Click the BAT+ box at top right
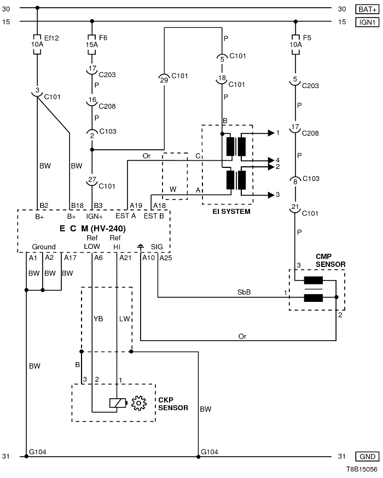(365, 9)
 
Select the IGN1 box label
(365, 21)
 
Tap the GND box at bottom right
(365, 456)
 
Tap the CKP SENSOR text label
(172, 404)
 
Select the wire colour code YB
(98, 318)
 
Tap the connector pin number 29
(164, 80)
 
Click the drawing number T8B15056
(361, 469)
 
